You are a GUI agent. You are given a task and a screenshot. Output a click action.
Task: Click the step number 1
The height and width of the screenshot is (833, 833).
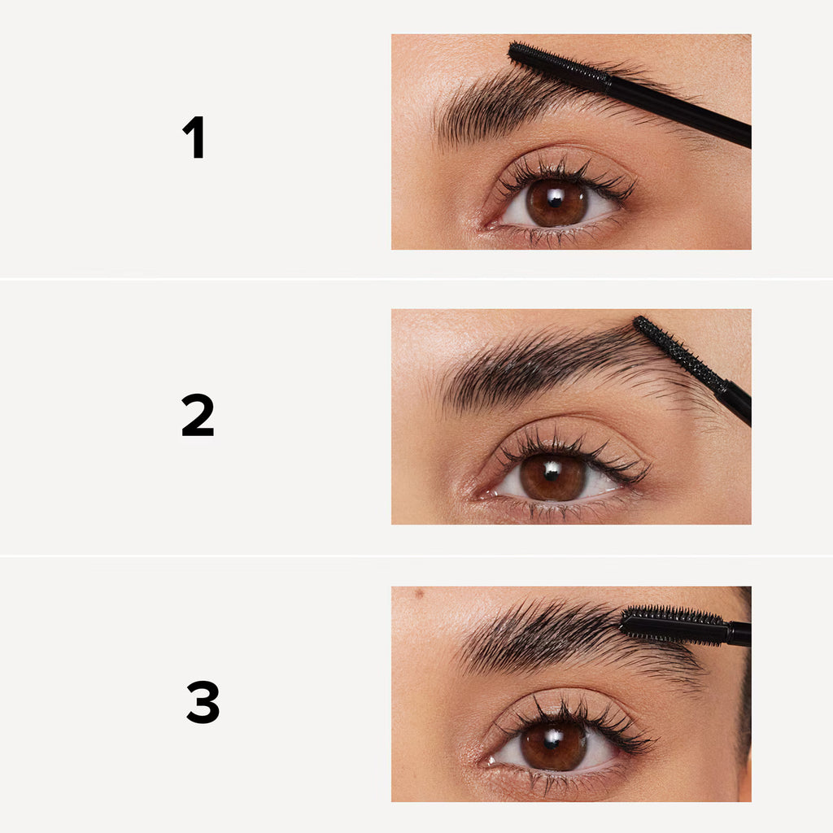pyautogui.click(x=194, y=137)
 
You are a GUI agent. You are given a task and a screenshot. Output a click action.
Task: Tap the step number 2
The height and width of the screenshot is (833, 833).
pyautogui.click(x=198, y=415)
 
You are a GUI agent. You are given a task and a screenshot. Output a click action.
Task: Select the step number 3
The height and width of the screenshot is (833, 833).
pyautogui.click(x=203, y=701)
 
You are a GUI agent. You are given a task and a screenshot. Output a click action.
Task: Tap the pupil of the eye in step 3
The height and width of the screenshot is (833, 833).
pyautogui.click(x=553, y=745)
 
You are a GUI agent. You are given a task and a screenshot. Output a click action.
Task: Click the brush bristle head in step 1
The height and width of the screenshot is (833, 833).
pyautogui.click(x=559, y=66)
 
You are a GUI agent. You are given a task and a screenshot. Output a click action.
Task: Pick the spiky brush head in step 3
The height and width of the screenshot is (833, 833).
pyautogui.click(x=674, y=626)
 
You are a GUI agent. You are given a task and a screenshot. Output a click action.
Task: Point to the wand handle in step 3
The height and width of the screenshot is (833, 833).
pyautogui.click(x=739, y=633)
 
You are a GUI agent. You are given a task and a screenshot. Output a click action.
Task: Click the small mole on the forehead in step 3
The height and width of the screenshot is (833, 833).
pyautogui.click(x=420, y=593)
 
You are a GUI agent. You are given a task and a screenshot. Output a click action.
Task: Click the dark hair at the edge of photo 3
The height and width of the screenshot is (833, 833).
pyautogui.click(x=744, y=700)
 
